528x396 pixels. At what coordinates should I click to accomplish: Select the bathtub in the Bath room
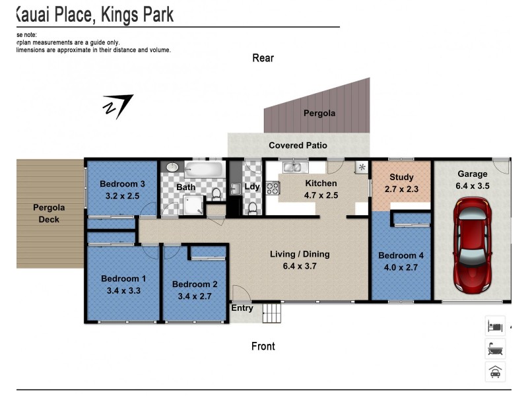204,169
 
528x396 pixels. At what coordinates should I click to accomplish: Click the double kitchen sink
292,168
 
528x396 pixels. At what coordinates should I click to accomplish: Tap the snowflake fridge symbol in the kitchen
361,168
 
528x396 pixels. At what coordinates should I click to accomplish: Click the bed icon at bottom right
495,326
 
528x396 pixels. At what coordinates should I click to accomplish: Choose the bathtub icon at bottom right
495,348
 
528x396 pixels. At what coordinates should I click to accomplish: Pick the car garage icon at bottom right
495,372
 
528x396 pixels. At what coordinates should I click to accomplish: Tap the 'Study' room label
401,177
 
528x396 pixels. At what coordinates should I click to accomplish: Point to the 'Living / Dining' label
299,254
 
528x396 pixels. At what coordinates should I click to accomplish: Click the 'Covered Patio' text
298,145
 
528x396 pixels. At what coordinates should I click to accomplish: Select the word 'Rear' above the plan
263,58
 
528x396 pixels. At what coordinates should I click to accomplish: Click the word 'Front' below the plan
263,346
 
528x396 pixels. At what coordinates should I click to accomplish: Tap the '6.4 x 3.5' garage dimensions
472,186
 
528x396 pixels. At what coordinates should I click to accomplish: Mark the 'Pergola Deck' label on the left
49,213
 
